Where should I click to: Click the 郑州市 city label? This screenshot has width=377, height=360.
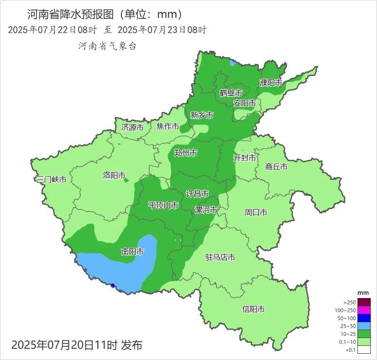[x=185, y=153]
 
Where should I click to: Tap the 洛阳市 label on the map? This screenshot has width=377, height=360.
[x=114, y=175]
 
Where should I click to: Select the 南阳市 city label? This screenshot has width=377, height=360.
[x=133, y=252]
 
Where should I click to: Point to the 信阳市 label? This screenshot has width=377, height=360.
[x=254, y=309]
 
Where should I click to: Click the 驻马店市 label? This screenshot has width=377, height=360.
[x=220, y=257]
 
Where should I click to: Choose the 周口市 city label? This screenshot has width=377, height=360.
[x=256, y=212]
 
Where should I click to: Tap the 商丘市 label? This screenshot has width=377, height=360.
[x=276, y=167]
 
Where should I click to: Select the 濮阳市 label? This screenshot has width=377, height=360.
[x=271, y=83]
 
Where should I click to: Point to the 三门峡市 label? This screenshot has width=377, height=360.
[x=52, y=180]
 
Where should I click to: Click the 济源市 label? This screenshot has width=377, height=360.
[x=132, y=128]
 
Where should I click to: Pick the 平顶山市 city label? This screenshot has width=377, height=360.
[x=163, y=205]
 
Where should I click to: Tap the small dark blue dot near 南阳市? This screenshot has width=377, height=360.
[x=113, y=285]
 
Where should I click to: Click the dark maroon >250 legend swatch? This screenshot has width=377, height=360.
[x=364, y=302]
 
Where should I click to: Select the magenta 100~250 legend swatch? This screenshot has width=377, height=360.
[x=364, y=310]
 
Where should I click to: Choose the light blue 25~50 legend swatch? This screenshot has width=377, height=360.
[x=364, y=326]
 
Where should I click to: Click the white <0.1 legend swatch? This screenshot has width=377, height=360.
[x=364, y=350]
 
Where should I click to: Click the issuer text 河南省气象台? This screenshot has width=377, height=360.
[x=108, y=46]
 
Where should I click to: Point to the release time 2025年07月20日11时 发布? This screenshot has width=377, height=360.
[x=77, y=345]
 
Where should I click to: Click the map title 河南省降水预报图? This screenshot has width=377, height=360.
[x=70, y=15]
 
